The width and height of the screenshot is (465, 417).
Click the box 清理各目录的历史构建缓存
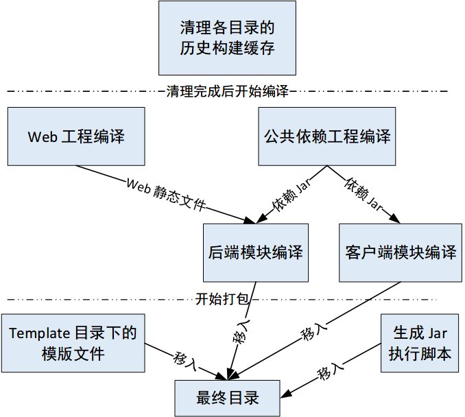(x=227, y=38)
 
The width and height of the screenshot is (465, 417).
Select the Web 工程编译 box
(x=76, y=136)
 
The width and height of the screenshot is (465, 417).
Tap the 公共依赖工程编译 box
(x=326, y=136)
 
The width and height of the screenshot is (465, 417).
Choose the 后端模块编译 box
(x=255, y=252)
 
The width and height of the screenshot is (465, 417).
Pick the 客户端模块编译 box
(x=401, y=252)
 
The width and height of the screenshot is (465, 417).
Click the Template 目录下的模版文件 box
(x=73, y=344)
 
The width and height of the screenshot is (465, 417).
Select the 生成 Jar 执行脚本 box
(x=420, y=344)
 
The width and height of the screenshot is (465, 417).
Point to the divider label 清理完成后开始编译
(x=227, y=91)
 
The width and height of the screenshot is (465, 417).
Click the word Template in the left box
(x=40, y=334)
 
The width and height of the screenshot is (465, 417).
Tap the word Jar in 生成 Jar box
(x=438, y=334)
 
